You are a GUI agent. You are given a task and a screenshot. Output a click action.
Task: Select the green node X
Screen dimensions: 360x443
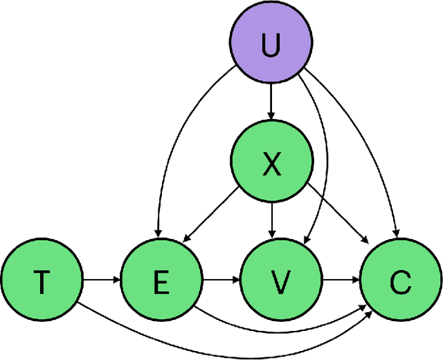[271, 165]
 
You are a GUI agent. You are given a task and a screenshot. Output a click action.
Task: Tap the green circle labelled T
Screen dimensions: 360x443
[42, 280]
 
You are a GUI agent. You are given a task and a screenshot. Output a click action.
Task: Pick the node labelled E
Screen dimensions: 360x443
[161, 280]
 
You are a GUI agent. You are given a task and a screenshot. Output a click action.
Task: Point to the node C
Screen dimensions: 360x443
[400, 280]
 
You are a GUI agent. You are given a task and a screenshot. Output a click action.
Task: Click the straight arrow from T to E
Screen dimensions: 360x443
[101, 280]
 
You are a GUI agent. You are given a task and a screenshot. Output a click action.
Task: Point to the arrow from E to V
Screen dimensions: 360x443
[221, 280]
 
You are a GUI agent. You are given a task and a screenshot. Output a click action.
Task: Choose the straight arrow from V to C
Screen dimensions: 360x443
[340, 280]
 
